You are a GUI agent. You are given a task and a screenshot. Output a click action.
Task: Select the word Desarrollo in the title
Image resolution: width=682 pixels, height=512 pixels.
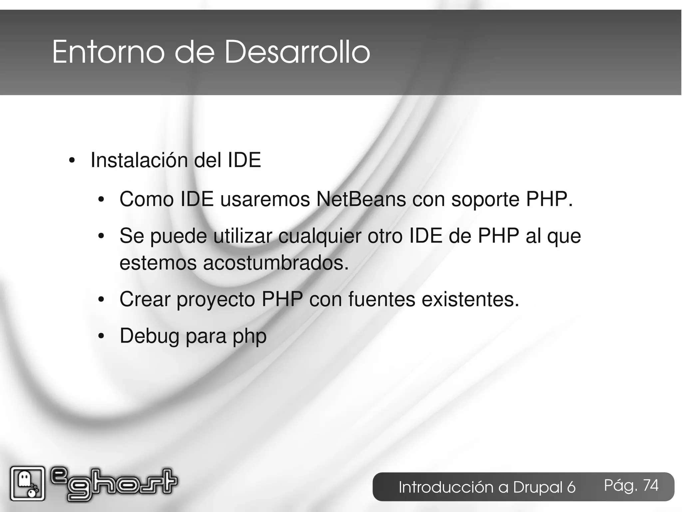point(297,52)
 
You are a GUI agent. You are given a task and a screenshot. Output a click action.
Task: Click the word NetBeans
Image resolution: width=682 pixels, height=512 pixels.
point(361,199)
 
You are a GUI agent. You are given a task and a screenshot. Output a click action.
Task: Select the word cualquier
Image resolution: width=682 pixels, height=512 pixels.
point(320,236)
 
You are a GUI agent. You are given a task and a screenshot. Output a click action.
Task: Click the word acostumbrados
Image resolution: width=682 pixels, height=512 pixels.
point(276,263)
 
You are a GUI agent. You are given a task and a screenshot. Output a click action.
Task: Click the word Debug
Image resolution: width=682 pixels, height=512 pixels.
point(150,336)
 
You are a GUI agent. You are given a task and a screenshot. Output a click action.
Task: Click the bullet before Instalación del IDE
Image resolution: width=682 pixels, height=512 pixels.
point(71,161)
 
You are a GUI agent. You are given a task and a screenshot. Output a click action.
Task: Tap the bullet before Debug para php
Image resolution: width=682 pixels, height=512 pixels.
point(101,337)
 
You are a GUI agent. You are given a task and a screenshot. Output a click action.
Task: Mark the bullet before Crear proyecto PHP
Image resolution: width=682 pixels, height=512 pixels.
point(101,300)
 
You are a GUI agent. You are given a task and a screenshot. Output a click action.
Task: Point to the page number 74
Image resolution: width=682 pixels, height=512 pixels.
point(650,485)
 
